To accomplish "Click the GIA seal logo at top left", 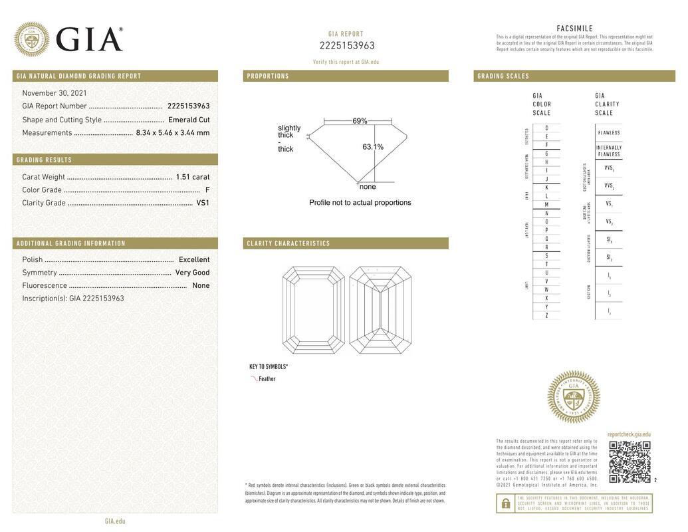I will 31,39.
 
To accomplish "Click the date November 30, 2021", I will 55,93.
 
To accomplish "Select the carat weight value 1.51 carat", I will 192,177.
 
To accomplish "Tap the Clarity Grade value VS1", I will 203,203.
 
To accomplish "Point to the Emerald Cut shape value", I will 189,120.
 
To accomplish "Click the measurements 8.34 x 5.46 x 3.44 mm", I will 172,132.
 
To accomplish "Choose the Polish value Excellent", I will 194,259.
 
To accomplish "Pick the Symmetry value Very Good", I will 192,273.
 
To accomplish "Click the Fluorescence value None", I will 201,285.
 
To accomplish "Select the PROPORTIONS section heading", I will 269,76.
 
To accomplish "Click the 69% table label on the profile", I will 360,121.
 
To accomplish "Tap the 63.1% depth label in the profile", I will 373,147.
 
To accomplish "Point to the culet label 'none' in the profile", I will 368,187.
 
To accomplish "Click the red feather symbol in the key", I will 254,378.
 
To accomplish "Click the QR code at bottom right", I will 630,462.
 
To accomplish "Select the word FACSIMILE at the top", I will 574,29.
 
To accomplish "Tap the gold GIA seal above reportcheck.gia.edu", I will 573,397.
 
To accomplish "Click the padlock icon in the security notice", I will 505,504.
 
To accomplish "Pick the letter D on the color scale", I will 546,128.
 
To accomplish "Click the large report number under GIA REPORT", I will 347,46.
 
